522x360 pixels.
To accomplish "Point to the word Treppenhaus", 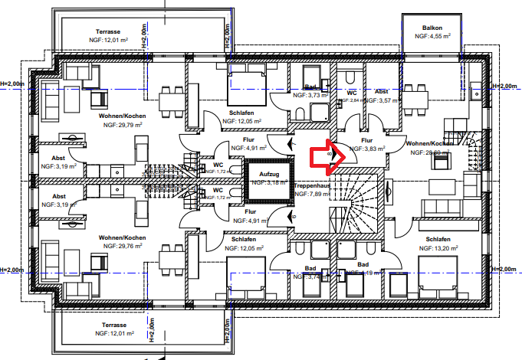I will [311, 185].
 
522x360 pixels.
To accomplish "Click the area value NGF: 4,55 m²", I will [432, 36].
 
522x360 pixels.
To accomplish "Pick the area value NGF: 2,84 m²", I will [352, 100].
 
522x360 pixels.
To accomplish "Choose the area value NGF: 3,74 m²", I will [310, 277].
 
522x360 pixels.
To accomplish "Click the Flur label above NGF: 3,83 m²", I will [366, 141].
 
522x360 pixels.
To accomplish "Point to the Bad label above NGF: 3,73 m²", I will [310, 87].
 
